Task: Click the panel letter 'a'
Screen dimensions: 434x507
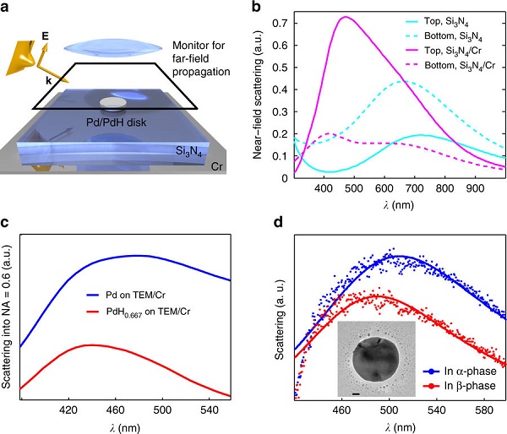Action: (7, 8)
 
